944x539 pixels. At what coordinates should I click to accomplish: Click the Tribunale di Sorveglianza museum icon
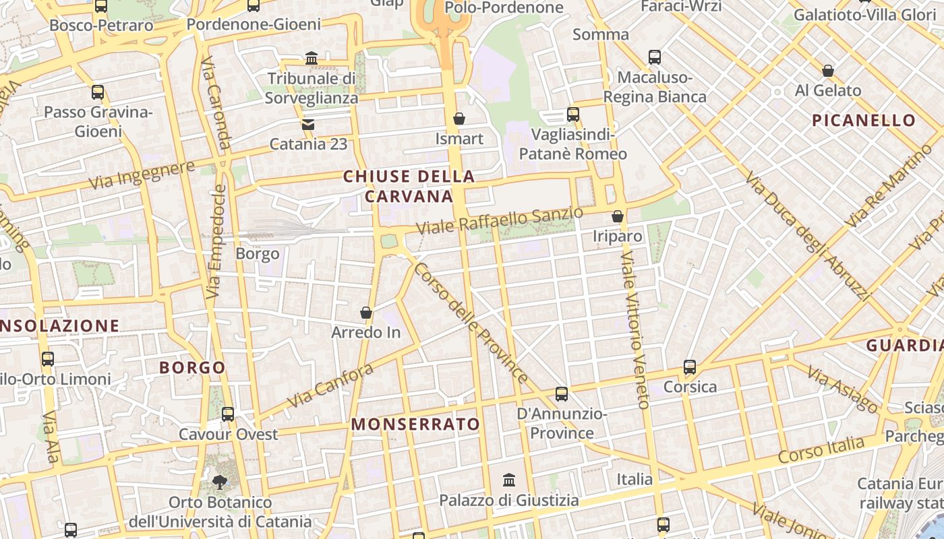tap(312, 59)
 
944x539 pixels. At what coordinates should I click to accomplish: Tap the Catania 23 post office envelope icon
tap(308, 125)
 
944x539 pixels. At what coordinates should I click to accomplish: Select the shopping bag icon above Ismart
tap(459, 119)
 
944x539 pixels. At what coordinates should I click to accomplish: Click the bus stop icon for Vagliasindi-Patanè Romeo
tap(573, 115)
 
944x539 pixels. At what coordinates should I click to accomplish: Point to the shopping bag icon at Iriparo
tap(618, 216)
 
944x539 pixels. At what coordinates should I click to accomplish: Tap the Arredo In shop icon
tap(366, 313)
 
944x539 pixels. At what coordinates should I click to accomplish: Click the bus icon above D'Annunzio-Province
tap(562, 394)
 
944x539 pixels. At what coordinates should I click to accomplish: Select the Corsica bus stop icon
tap(690, 367)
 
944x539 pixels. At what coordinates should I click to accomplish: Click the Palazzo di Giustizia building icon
tap(509, 480)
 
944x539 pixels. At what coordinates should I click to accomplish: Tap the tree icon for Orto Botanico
tap(220, 482)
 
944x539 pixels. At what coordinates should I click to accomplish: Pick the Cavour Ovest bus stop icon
tap(228, 414)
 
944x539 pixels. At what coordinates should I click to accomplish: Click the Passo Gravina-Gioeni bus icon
tap(98, 92)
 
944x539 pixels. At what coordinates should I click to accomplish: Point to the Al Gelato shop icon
tap(828, 71)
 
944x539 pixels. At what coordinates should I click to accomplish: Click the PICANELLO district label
tap(864, 121)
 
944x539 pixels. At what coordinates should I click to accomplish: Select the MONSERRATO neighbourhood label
tap(415, 424)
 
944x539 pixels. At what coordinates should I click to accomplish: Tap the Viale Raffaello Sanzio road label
tap(500, 221)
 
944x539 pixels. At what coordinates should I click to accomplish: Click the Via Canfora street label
tap(330, 385)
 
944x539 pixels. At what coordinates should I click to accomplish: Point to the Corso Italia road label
tap(821, 449)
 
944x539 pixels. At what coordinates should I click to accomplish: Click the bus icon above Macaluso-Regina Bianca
tap(655, 57)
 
